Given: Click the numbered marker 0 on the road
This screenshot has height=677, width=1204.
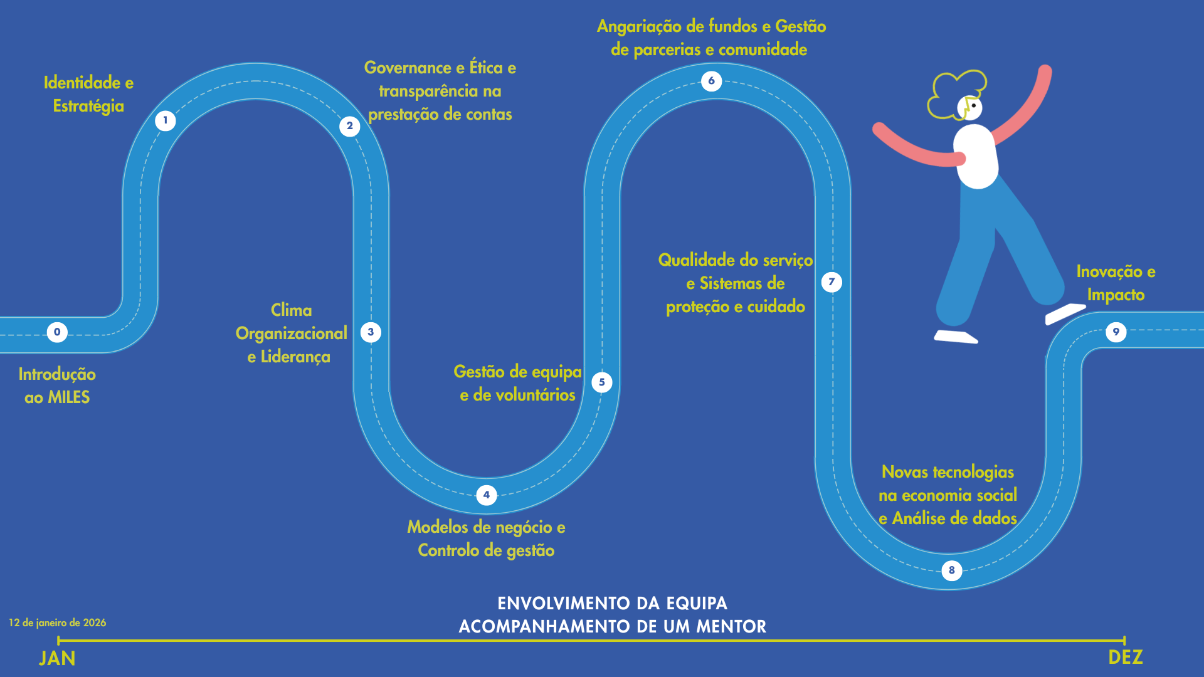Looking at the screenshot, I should [57, 332].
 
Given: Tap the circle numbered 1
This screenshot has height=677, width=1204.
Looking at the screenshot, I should [166, 120].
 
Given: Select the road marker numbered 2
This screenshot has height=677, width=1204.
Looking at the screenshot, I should [350, 126].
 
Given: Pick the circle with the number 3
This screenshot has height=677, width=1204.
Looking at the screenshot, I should [371, 332].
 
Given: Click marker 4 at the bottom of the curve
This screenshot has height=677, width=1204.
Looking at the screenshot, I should [487, 495].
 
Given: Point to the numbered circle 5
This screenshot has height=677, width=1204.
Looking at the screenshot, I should [602, 382].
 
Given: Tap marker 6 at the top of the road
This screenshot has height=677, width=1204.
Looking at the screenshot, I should [712, 81].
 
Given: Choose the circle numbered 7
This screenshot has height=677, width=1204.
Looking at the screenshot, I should [832, 282].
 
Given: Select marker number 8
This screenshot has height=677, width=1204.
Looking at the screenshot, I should [952, 570].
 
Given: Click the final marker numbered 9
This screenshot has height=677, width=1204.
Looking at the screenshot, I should [1116, 332].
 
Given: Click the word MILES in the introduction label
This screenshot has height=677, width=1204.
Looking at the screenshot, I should [69, 397].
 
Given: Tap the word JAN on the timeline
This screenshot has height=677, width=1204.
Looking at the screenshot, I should [57, 658].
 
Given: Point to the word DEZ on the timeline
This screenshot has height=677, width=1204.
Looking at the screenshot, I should [1126, 658].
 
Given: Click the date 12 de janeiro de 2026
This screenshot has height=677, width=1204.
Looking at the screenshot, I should [58, 623].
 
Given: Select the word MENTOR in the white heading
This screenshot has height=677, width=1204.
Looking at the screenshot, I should [731, 626].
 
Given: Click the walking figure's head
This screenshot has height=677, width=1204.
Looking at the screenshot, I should [969, 107].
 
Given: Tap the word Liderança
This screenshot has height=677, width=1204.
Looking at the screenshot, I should [295, 357].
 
